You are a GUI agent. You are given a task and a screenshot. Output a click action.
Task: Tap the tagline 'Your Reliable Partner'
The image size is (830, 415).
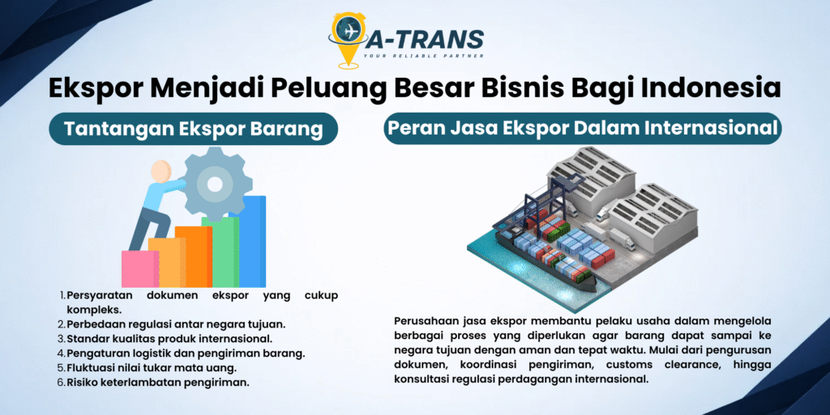pyautogui.click(x=423, y=55)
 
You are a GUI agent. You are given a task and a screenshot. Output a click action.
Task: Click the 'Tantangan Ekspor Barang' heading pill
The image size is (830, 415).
pyautogui.click(x=193, y=129)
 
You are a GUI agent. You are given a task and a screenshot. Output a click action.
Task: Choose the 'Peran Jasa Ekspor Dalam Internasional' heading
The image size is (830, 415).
pyautogui.click(x=582, y=129)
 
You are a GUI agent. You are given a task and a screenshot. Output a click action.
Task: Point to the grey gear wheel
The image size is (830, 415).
pyautogui.click(x=214, y=184)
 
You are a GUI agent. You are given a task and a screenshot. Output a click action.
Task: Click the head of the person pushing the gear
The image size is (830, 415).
pyautogui.click(x=161, y=171)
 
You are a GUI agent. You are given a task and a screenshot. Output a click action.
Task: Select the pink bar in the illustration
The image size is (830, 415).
pyautogui.click(x=139, y=269)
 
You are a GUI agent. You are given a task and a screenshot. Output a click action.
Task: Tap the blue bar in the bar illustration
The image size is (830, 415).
pyautogui.click(x=252, y=242)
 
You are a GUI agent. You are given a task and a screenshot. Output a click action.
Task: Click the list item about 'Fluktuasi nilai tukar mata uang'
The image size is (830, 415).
pyautogui.click(x=147, y=367)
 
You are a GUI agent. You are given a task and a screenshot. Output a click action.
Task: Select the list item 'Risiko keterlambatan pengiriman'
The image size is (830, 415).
pyautogui.click(x=153, y=383)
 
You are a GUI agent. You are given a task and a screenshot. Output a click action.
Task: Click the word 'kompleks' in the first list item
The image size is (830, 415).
pyautogui.click(x=94, y=309)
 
